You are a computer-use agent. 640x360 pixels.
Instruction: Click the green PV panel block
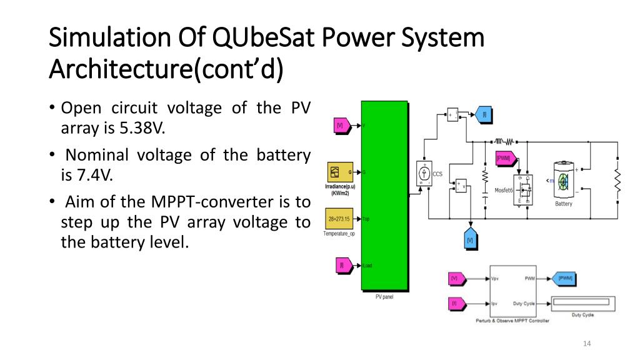pos(384,195)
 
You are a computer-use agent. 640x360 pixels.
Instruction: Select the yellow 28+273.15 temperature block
pos(339,219)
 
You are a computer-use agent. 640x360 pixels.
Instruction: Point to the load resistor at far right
pos(617,181)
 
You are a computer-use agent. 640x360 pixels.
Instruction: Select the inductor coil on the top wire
pos(503,141)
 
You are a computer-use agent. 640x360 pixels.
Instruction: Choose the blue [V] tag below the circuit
pos(470,241)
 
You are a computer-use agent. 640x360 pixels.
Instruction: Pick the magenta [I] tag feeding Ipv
pos(455,304)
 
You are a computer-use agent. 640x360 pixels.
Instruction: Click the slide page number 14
pos(586,343)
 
